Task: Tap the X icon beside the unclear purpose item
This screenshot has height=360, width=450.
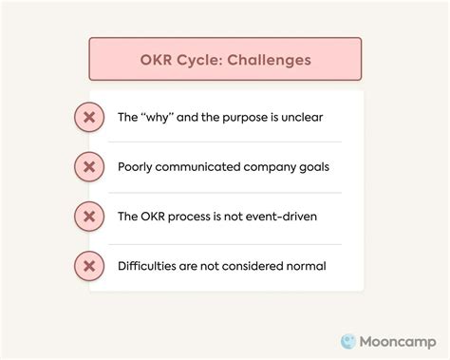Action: [88, 118]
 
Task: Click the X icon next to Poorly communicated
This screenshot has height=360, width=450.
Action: [88, 167]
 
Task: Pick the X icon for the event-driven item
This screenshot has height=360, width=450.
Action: [88, 217]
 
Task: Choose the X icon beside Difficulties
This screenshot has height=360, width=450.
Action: [88, 266]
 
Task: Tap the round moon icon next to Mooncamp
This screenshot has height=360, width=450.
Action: [348, 339]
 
